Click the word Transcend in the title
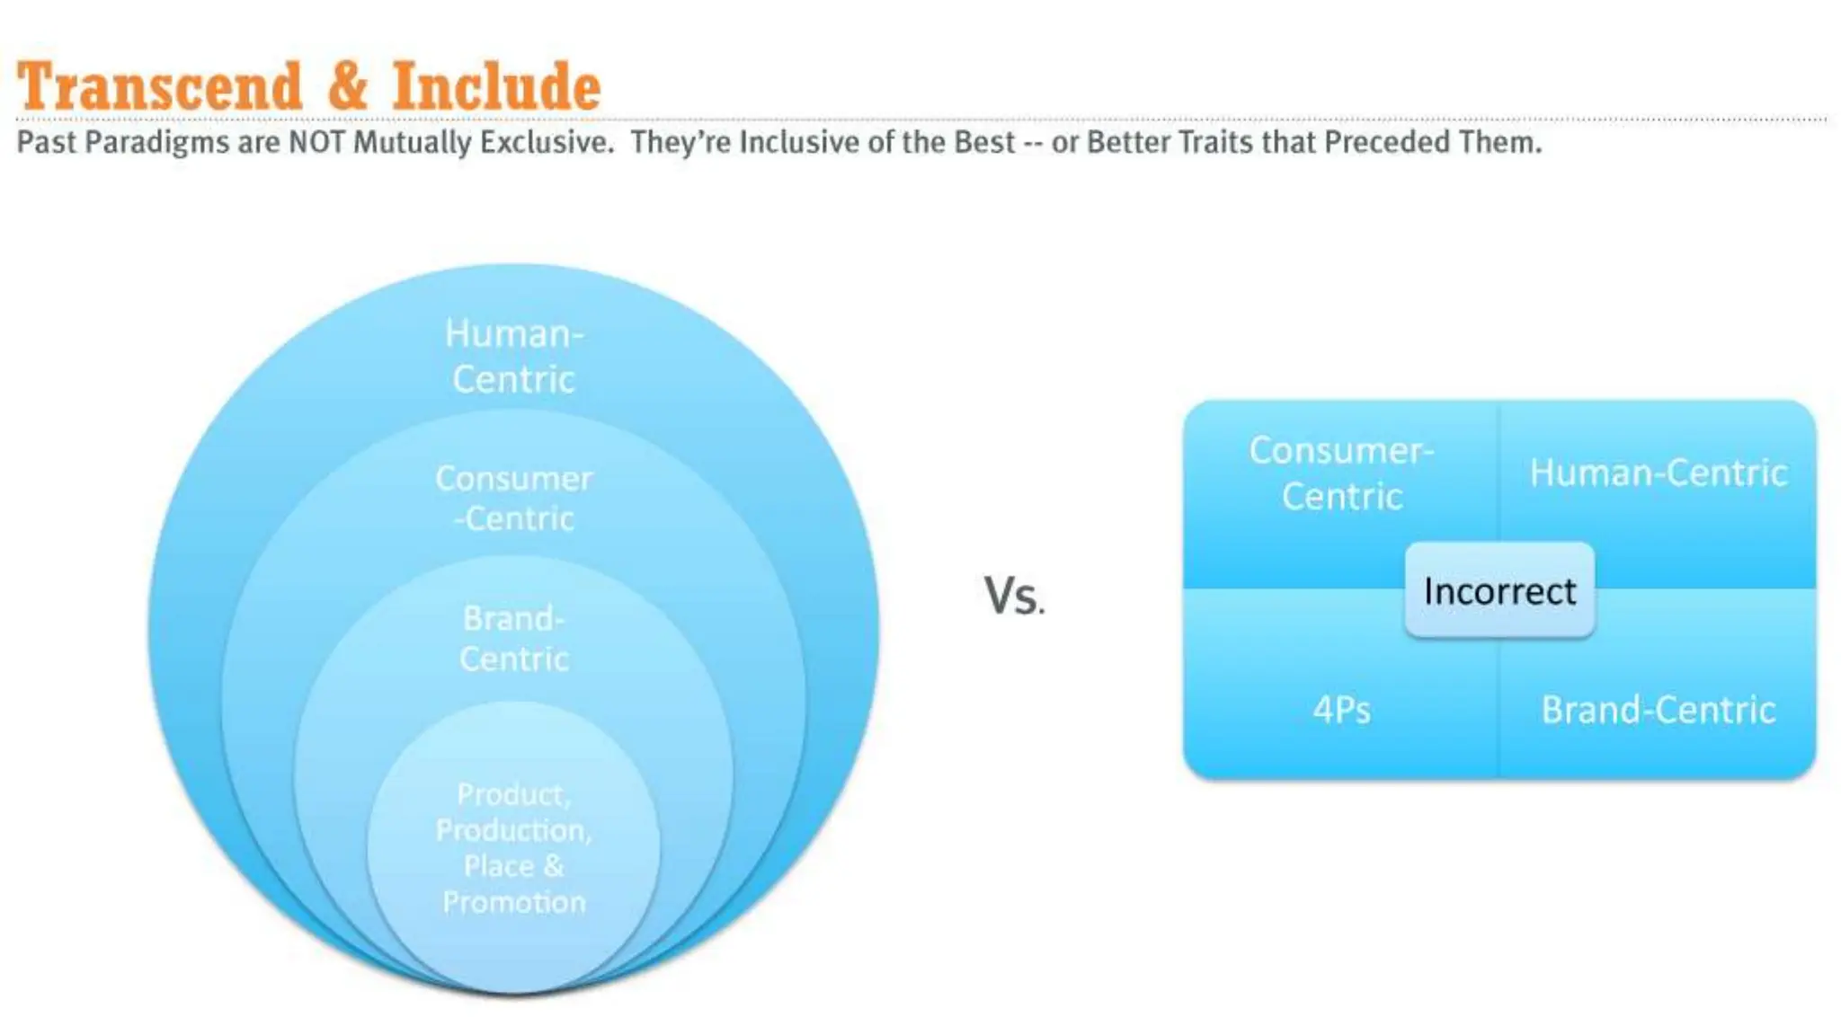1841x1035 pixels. pyautogui.click(x=159, y=87)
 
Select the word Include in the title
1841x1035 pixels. pyautogui.click(x=496, y=87)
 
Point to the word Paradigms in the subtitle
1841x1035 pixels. pyautogui.click(x=157, y=142)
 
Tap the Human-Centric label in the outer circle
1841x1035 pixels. pyautogui.click(x=513, y=357)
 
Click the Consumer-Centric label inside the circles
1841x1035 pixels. pyautogui.click(x=513, y=499)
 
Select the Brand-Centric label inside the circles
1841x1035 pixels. pyautogui.click(x=513, y=639)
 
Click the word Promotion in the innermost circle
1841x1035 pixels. pyautogui.click(x=513, y=902)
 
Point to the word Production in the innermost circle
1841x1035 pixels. pyautogui.click(x=513, y=830)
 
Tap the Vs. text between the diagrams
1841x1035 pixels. pyautogui.click(x=1014, y=595)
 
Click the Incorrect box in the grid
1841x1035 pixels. pyautogui.click(x=1499, y=591)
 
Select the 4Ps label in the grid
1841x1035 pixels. pyautogui.click(x=1341, y=710)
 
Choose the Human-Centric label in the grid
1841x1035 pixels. pyautogui.click(x=1658, y=473)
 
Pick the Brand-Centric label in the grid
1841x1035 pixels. pyautogui.click(x=1658, y=710)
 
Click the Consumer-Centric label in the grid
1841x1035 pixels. pyautogui.click(x=1341, y=473)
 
